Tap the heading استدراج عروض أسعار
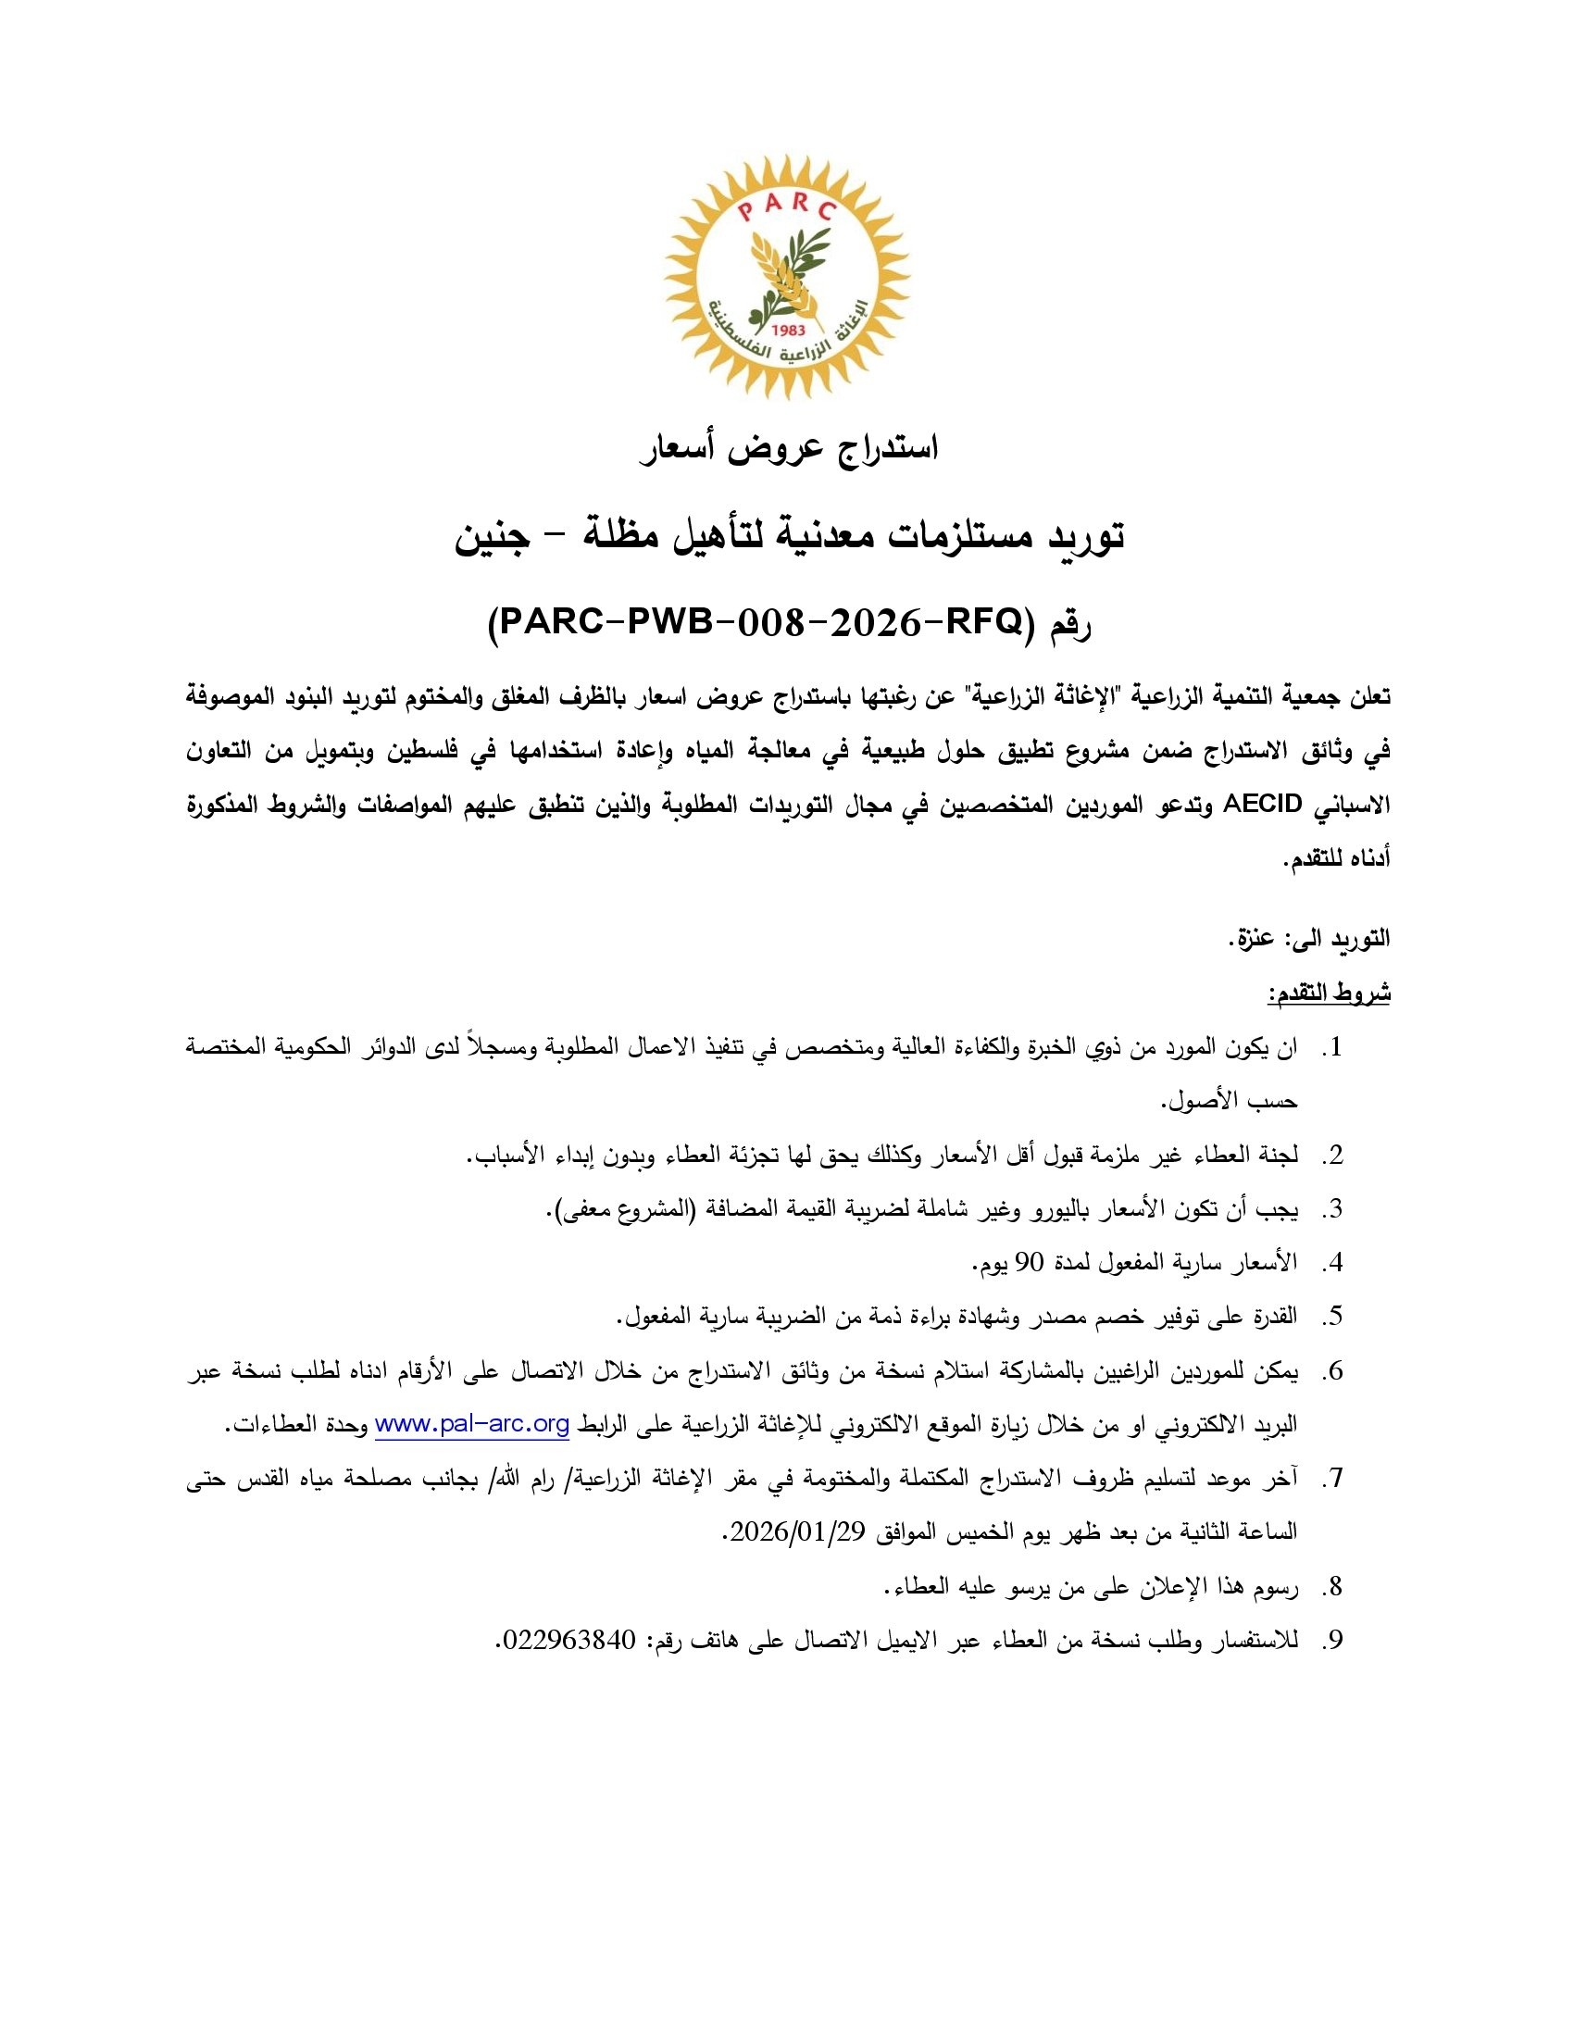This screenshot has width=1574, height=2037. tap(788, 449)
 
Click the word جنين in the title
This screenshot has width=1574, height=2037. tap(492, 536)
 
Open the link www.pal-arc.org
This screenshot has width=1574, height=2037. tap(472, 1425)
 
